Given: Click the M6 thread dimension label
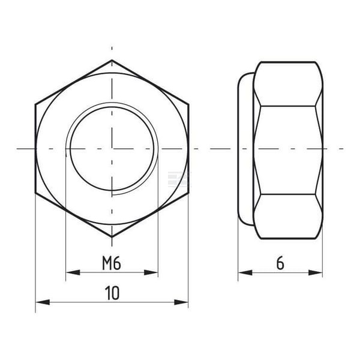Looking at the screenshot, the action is (x=112, y=263).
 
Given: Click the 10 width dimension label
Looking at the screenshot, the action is (x=112, y=293).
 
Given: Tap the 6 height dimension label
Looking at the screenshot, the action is (x=280, y=263).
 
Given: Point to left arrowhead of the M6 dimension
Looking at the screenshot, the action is (x=73, y=272).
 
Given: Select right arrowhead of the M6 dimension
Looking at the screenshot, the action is (x=151, y=272).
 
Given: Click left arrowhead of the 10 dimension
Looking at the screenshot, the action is (x=43, y=302).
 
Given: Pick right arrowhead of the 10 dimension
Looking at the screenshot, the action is (x=181, y=302).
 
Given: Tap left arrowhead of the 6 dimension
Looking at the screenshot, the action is (x=245, y=273).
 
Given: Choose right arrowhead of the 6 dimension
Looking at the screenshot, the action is (x=316, y=273).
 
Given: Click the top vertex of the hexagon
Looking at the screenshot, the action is (x=112, y=60).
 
